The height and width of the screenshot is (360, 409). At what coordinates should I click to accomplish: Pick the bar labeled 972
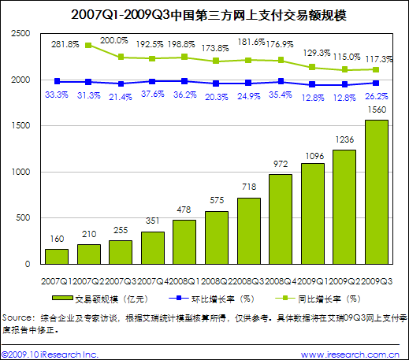point(281,218)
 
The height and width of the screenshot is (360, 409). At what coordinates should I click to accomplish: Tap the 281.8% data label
point(64,45)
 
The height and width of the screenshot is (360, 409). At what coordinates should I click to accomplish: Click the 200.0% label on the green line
point(120,41)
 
